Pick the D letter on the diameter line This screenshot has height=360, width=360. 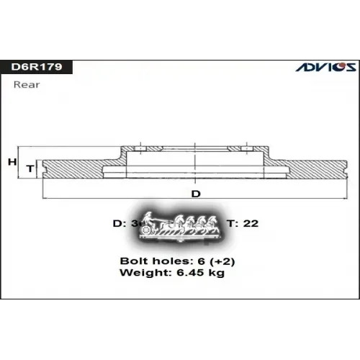point(195,194)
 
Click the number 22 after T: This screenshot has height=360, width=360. point(251,223)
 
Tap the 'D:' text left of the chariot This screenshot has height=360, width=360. point(120,223)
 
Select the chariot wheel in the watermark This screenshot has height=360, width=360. point(147,230)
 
